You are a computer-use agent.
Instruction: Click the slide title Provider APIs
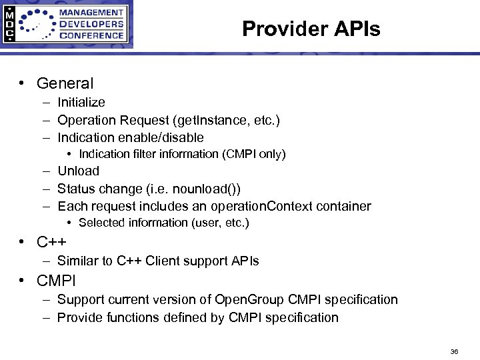pyautogui.click(x=311, y=29)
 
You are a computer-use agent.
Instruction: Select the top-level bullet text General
pyautogui.click(x=65, y=83)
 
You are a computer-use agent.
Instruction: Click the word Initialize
pyautogui.click(x=81, y=102)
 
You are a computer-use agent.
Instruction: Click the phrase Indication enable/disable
pyautogui.click(x=131, y=137)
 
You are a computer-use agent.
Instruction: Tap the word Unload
pyautogui.click(x=78, y=171)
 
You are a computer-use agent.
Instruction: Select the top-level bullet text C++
pyautogui.click(x=51, y=241)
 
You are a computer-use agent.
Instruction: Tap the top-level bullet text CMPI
pyautogui.click(x=56, y=280)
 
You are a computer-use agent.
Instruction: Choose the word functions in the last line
pyautogui.click(x=129, y=317)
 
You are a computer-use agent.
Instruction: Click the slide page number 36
pyautogui.click(x=454, y=351)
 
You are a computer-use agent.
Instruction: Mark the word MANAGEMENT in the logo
pyautogui.click(x=95, y=12)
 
